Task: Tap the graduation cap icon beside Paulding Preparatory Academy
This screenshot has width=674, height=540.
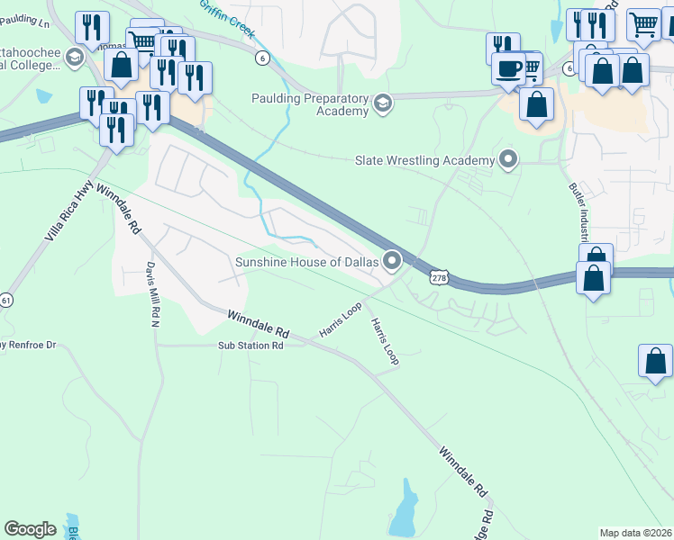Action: pyautogui.click(x=383, y=104)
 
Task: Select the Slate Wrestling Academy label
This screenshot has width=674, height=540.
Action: pyautogui.click(x=425, y=160)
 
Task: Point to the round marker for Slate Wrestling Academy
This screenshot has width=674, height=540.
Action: pyautogui.click(x=508, y=160)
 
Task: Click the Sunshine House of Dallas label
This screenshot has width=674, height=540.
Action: pyautogui.click(x=305, y=262)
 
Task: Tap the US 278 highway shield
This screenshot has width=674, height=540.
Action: pyautogui.click(x=439, y=279)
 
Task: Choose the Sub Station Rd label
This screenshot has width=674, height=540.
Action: pyautogui.click(x=250, y=346)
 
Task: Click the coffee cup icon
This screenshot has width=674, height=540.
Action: pyautogui.click(x=509, y=68)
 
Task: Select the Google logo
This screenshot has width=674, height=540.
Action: pyautogui.click(x=30, y=529)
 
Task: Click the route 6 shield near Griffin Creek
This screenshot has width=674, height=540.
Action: pyautogui.click(x=262, y=58)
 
